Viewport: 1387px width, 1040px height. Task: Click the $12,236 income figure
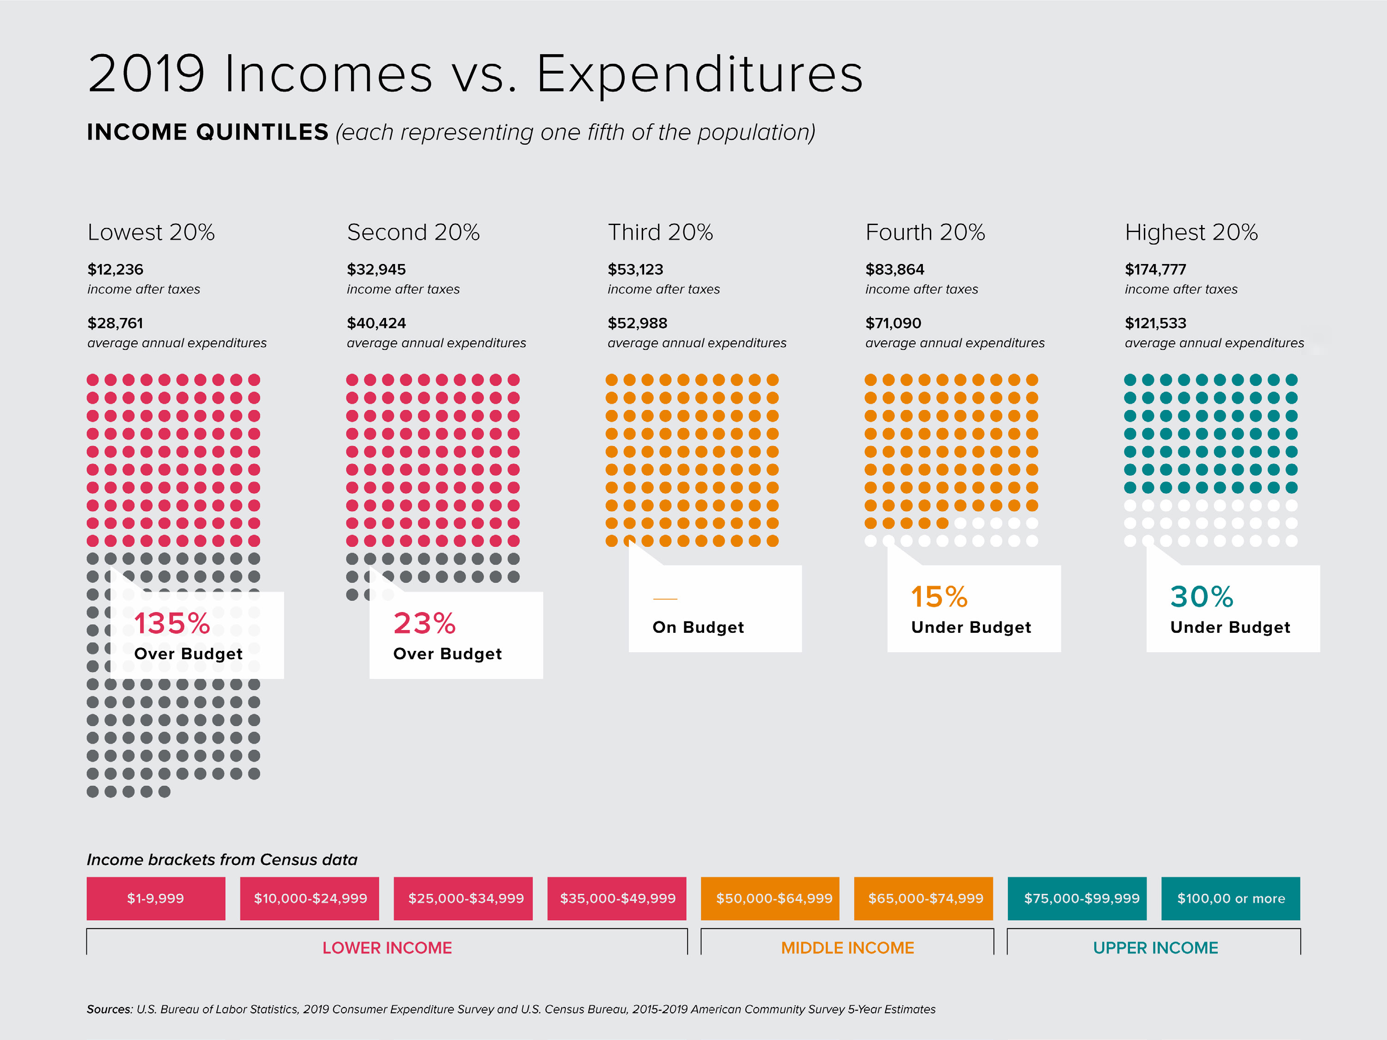pyautogui.click(x=116, y=269)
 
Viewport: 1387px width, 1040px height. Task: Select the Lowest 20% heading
pyautogui.click(x=151, y=232)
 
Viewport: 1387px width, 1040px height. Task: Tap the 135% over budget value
pyautogui.click(x=172, y=623)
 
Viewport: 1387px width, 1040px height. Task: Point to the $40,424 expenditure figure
pyautogui.click(x=376, y=324)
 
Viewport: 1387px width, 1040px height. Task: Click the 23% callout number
pyautogui.click(x=424, y=623)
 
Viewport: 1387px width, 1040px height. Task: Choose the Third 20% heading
pyautogui.click(x=660, y=232)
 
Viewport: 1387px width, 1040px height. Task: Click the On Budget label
pyautogui.click(x=698, y=628)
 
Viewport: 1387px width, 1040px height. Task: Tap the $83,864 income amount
pyautogui.click(x=895, y=269)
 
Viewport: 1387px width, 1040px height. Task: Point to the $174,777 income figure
pyautogui.click(x=1155, y=269)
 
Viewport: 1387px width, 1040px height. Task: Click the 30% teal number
pyautogui.click(x=1202, y=597)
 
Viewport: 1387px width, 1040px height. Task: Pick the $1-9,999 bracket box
pyautogui.click(x=155, y=898)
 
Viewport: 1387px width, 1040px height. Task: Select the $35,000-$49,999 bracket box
pyautogui.click(x=617, y=898)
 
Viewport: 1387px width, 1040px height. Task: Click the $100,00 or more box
pyautogui.click(x=1230, y=898)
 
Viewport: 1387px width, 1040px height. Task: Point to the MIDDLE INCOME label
pyautogui.click(x=847, y=948)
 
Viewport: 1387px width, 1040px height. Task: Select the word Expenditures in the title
pyautogui.click(x=699, y=74)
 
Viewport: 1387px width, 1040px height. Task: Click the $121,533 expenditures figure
pyautogui.click(x=1155, y=324)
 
